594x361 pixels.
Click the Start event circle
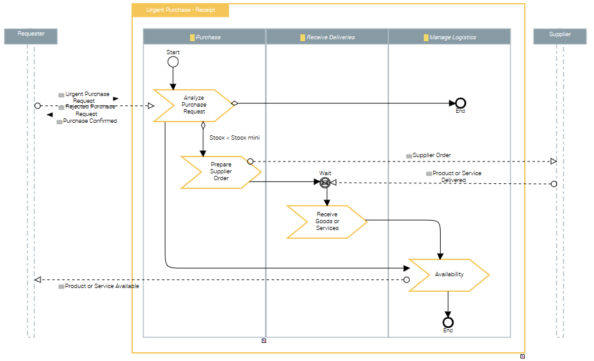pyautogui.click(x=173, y=62)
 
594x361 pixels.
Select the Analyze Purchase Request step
pyautogui.click(x=194, y=105)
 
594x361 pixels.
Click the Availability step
pyautogui.click(x=449, y=274)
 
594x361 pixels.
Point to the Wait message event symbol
pyautogui.click(x=324, y=182)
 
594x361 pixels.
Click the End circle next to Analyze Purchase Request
pyautogui.click(x=460, y=103)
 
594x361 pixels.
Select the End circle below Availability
pyautogui.click(x=448, y=322)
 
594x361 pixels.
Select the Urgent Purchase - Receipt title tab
pyautogui.click(x=181, y=11)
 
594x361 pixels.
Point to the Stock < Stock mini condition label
pyautogui.click(x=234, y=138)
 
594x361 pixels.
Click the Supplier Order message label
pyautogui.click(x=431, y=155)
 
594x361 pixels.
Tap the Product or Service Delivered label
pyautogui.click(x=457, y=176)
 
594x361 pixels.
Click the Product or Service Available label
pyautogui.click(x=102, y=286)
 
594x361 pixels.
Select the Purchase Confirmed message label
pyautogui.click(x=90, y=121)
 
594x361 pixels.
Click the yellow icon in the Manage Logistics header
pyautogui.click(x=426, y=37)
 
